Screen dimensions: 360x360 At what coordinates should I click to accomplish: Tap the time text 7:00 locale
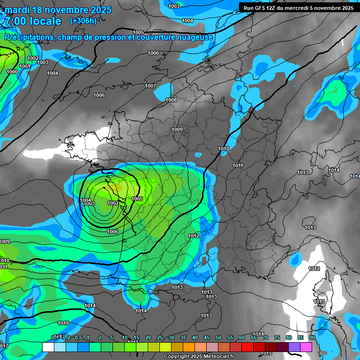(33, 21)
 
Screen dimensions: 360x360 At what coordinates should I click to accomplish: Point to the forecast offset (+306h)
(83, 21)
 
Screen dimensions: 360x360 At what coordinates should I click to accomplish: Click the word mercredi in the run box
(305, 8)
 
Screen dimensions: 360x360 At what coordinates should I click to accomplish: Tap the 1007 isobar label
(150, 86)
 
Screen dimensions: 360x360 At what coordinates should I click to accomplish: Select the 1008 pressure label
(171, 100)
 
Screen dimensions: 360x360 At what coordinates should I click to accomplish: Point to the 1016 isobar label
(63, 323)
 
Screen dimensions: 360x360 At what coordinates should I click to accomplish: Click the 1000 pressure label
(12, 72)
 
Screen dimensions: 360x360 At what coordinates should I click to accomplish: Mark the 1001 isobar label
(25, 66)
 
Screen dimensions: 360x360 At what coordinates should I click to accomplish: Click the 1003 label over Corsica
(319, 301)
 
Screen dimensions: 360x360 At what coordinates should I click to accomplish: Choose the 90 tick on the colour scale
(312, 337)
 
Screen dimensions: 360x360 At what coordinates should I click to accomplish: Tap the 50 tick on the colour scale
(218, 337)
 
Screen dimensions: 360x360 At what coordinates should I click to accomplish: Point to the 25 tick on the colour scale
(160, 337)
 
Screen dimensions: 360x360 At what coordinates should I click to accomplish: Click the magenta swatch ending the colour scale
(306, 347)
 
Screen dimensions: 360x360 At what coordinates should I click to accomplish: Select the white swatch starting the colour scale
(48, 347)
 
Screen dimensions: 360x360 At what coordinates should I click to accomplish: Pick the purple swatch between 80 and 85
(294, 347)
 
